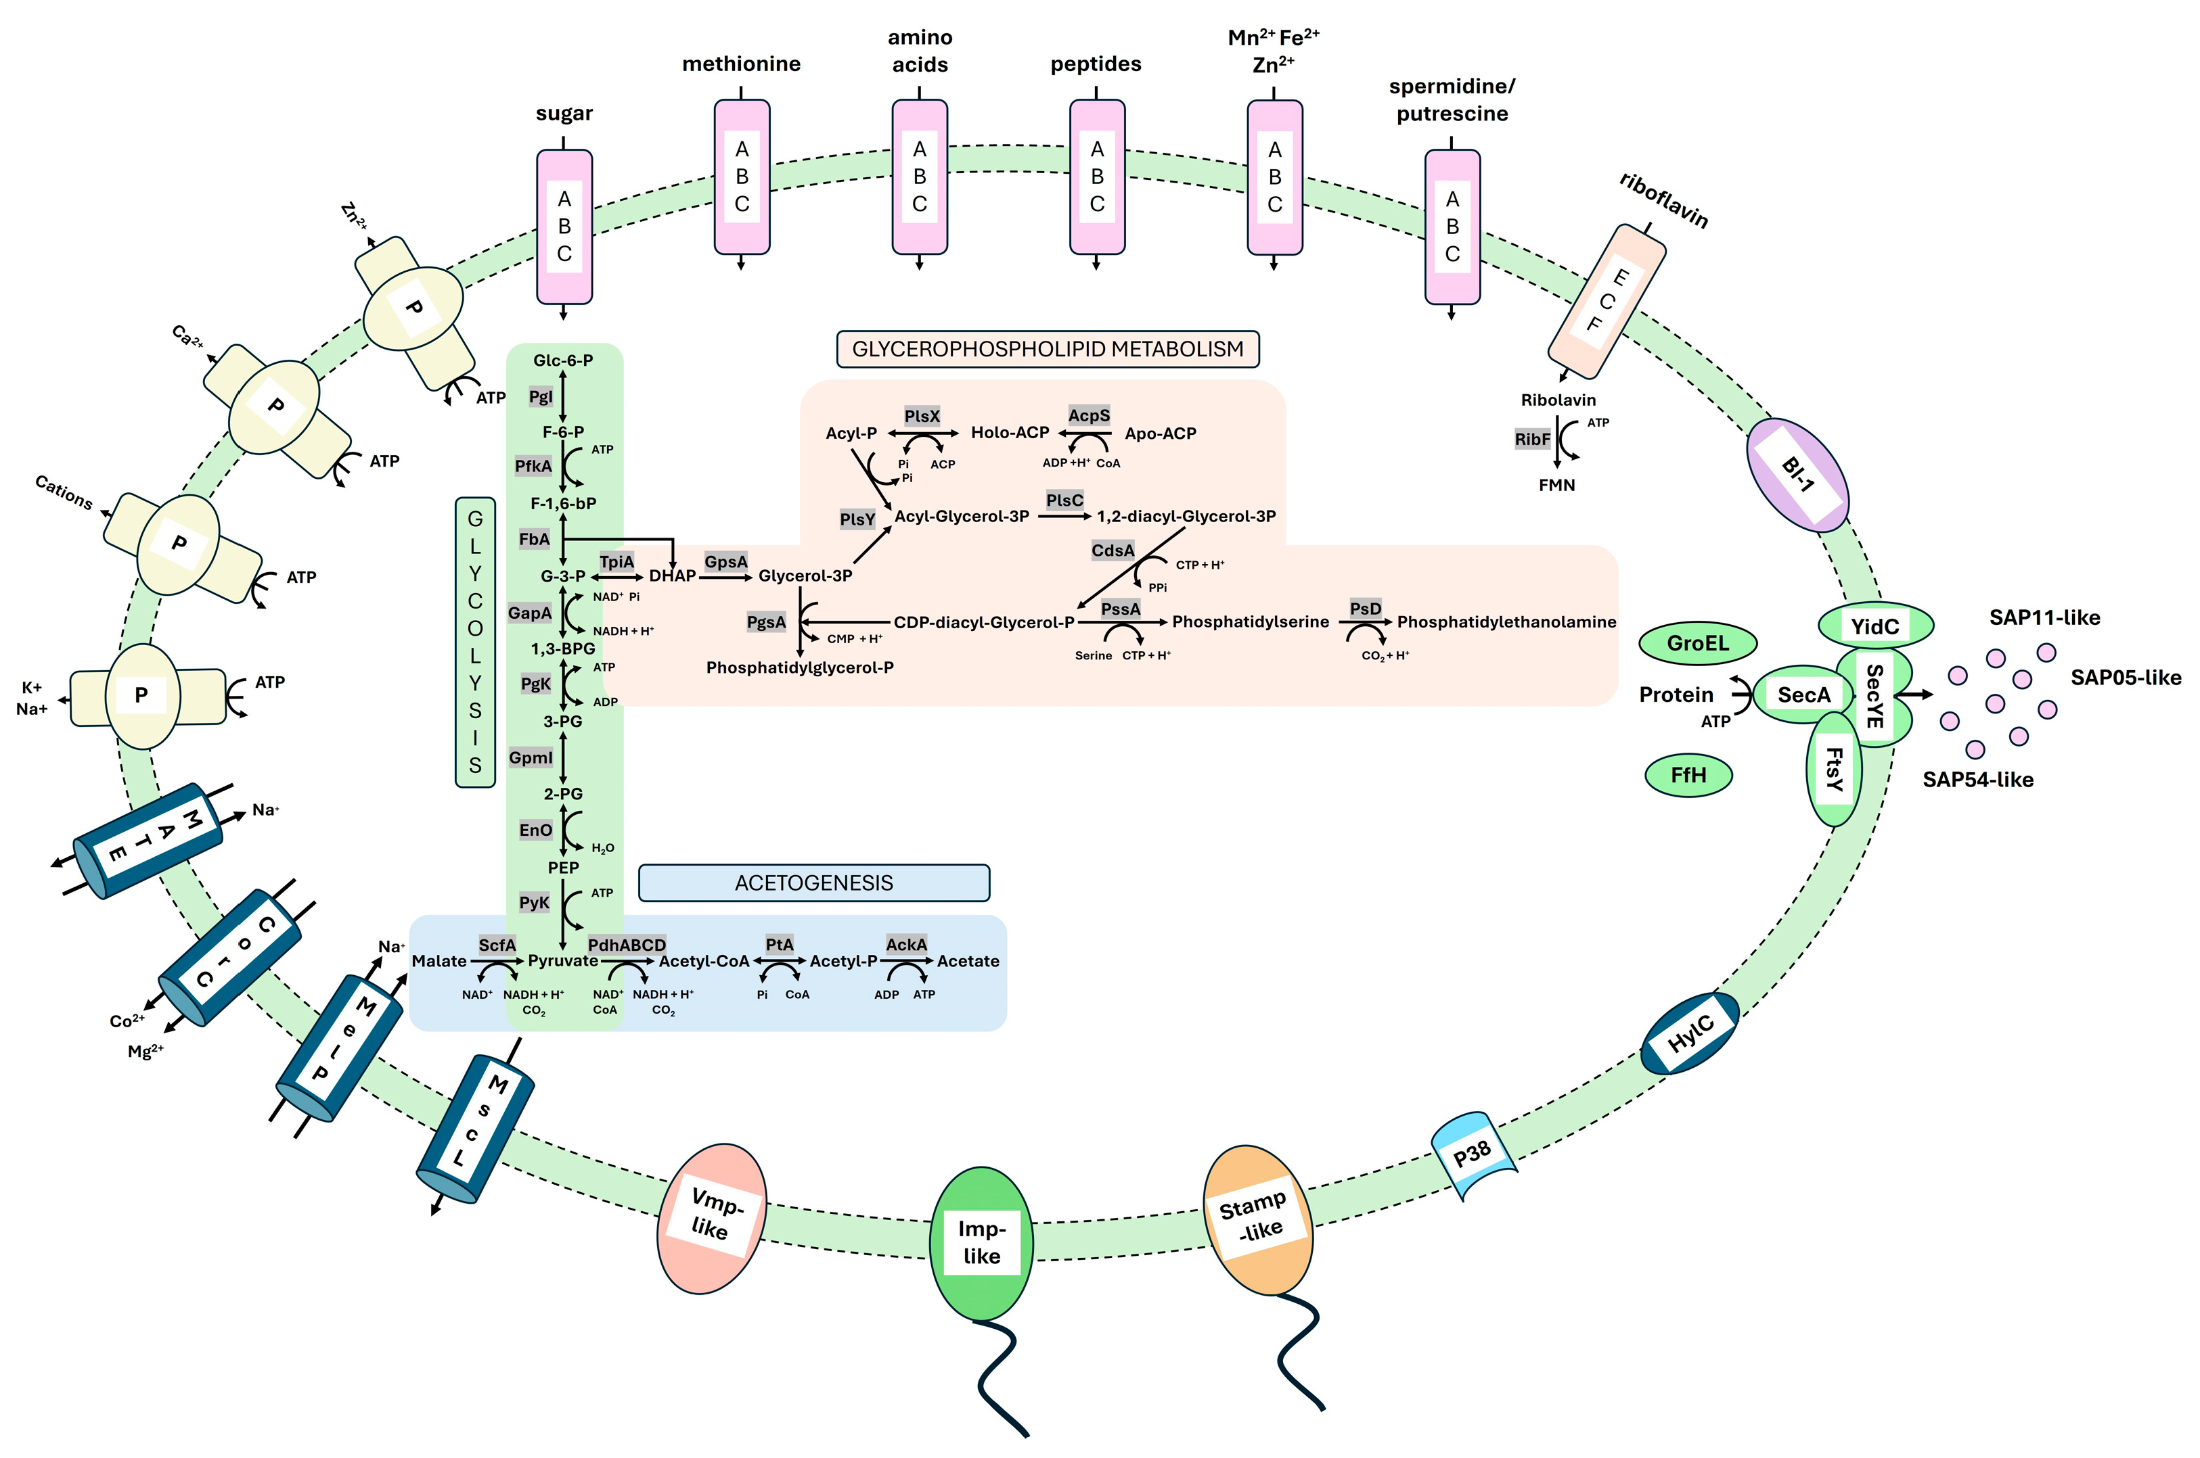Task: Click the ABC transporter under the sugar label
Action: click(564, 227)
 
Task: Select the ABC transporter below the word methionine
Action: click(742, 177)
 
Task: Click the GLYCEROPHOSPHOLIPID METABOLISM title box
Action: click(1048, 349)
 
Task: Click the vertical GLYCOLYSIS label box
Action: click(474, 642)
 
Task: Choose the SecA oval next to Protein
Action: click(1802, 695)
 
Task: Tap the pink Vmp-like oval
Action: click(713, 1217)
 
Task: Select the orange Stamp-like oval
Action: click(1257, 1220)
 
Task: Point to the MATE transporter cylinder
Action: click(149, 840)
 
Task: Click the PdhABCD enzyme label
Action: click(627, 945)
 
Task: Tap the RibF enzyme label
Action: click(1532, 439)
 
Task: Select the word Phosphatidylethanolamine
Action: click(1506, 622)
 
